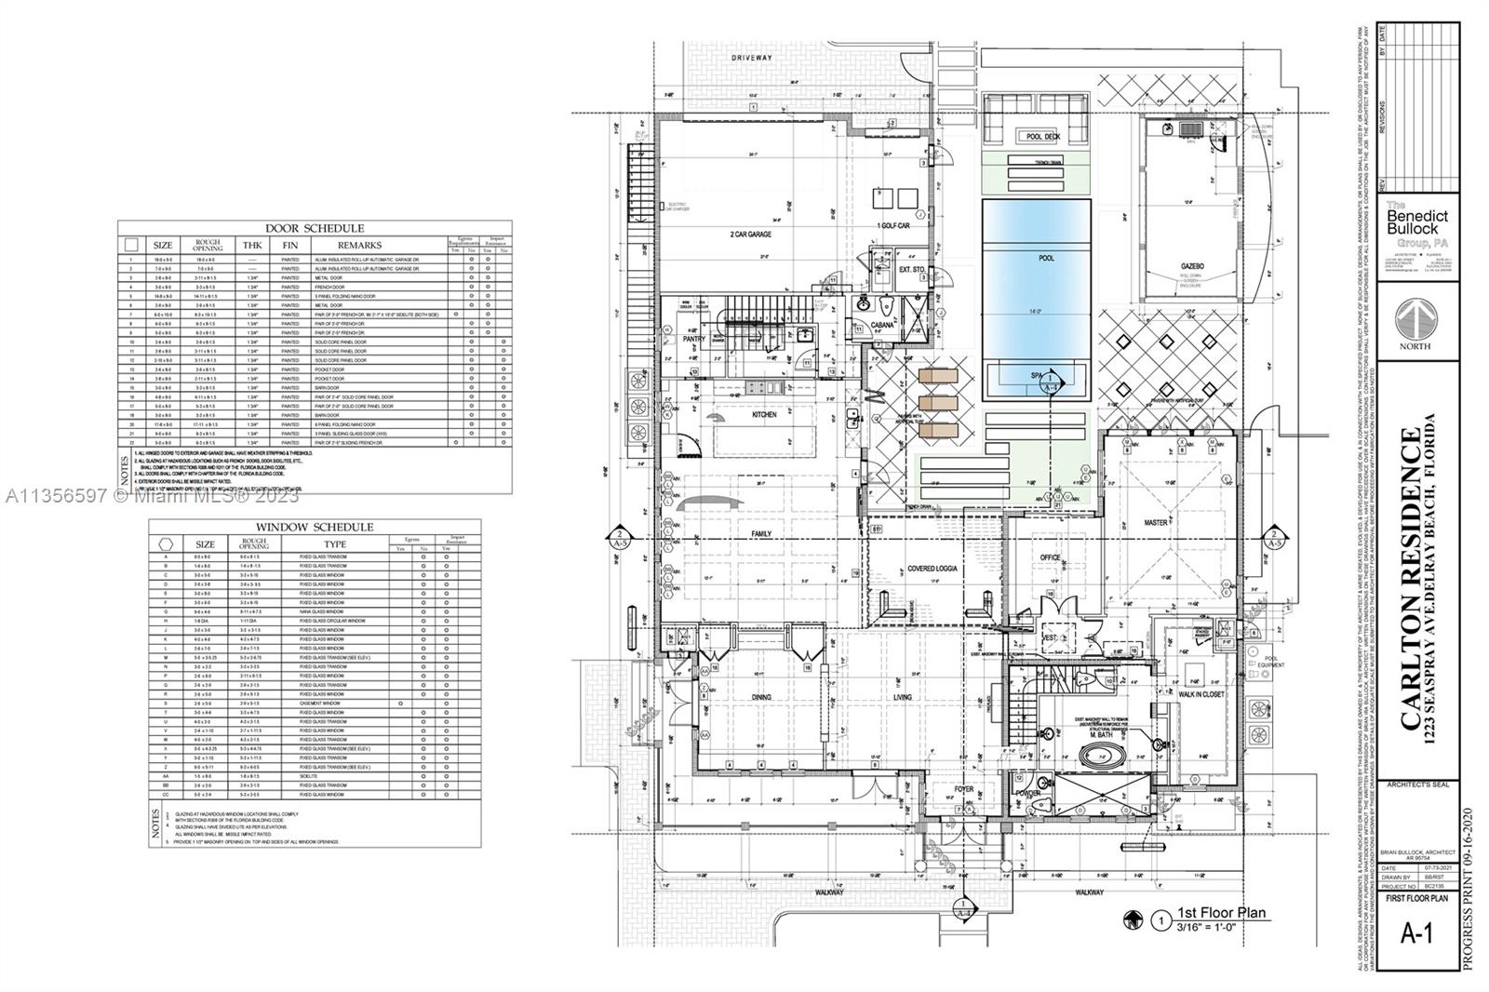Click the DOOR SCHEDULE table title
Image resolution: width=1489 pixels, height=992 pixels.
(x=315, y=228)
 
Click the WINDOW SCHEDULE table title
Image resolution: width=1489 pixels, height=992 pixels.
(x=315, y=527)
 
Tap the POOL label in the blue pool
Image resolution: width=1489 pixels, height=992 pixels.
(x=1047, y=258)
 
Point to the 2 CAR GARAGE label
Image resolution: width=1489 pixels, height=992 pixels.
(x=750, y=234)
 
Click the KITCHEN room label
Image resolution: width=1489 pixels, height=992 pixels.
(x=764, y=414)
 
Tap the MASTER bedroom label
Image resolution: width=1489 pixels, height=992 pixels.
(x=1156, y=523)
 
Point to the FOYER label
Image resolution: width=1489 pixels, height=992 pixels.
(x=963, y=789)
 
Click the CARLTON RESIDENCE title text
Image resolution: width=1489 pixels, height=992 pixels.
(x=1411, y=579)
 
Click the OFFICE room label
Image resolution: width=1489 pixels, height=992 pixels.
(x=1050, y=557)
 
